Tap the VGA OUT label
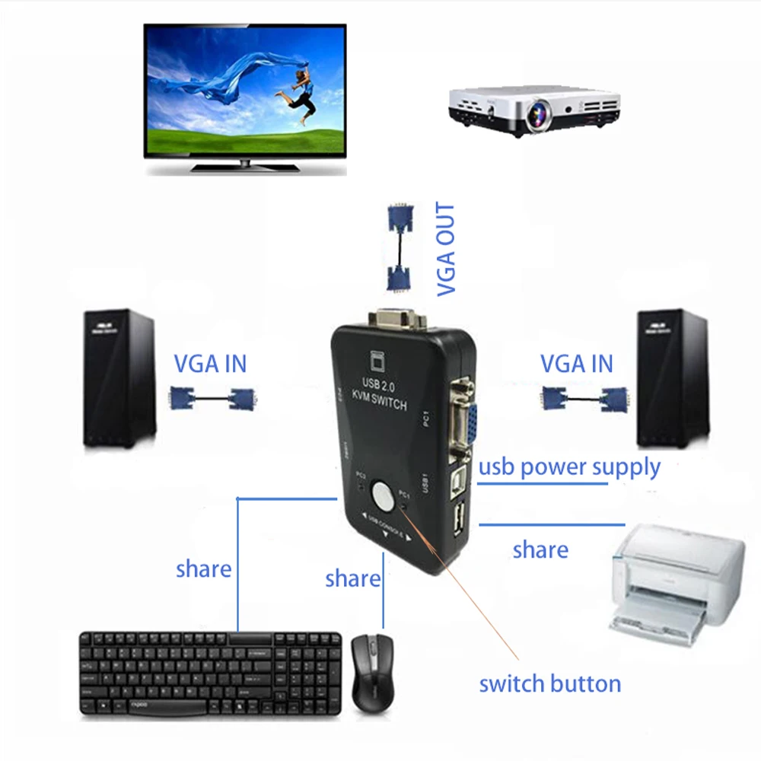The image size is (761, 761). click(x=445, y=249)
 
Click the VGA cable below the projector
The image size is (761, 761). click(x=400, y=247)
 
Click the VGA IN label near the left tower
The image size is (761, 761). click(x=210, y=364)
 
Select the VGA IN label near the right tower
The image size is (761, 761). click(x=576, y=364)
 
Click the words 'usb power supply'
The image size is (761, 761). click(x=568, y=466)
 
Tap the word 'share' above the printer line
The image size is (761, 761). click(x=540, y=549)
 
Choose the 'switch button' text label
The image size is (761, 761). click(x=549, y=683)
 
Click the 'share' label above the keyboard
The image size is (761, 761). click(x=203, y=568)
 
